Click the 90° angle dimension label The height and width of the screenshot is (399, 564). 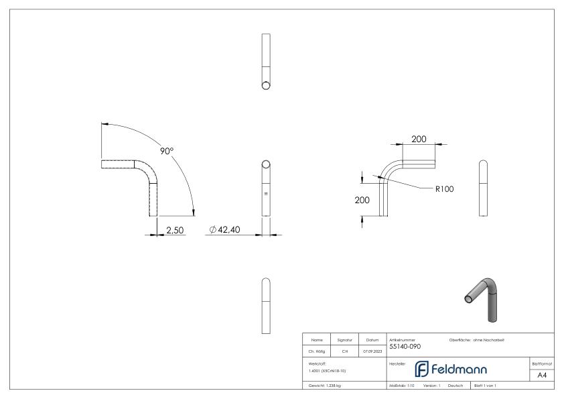click(167, 152)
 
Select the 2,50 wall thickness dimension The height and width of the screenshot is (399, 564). click(175, 230)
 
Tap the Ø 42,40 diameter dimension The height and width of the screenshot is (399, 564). click(226, 230)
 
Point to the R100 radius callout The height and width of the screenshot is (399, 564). click(444, 189)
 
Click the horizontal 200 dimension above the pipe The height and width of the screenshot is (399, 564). click(419, 139)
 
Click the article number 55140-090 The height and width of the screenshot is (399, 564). click(405, 347)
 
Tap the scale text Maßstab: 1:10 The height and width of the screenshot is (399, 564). click(402, 386)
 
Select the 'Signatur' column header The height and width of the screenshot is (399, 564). click(344, 340)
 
